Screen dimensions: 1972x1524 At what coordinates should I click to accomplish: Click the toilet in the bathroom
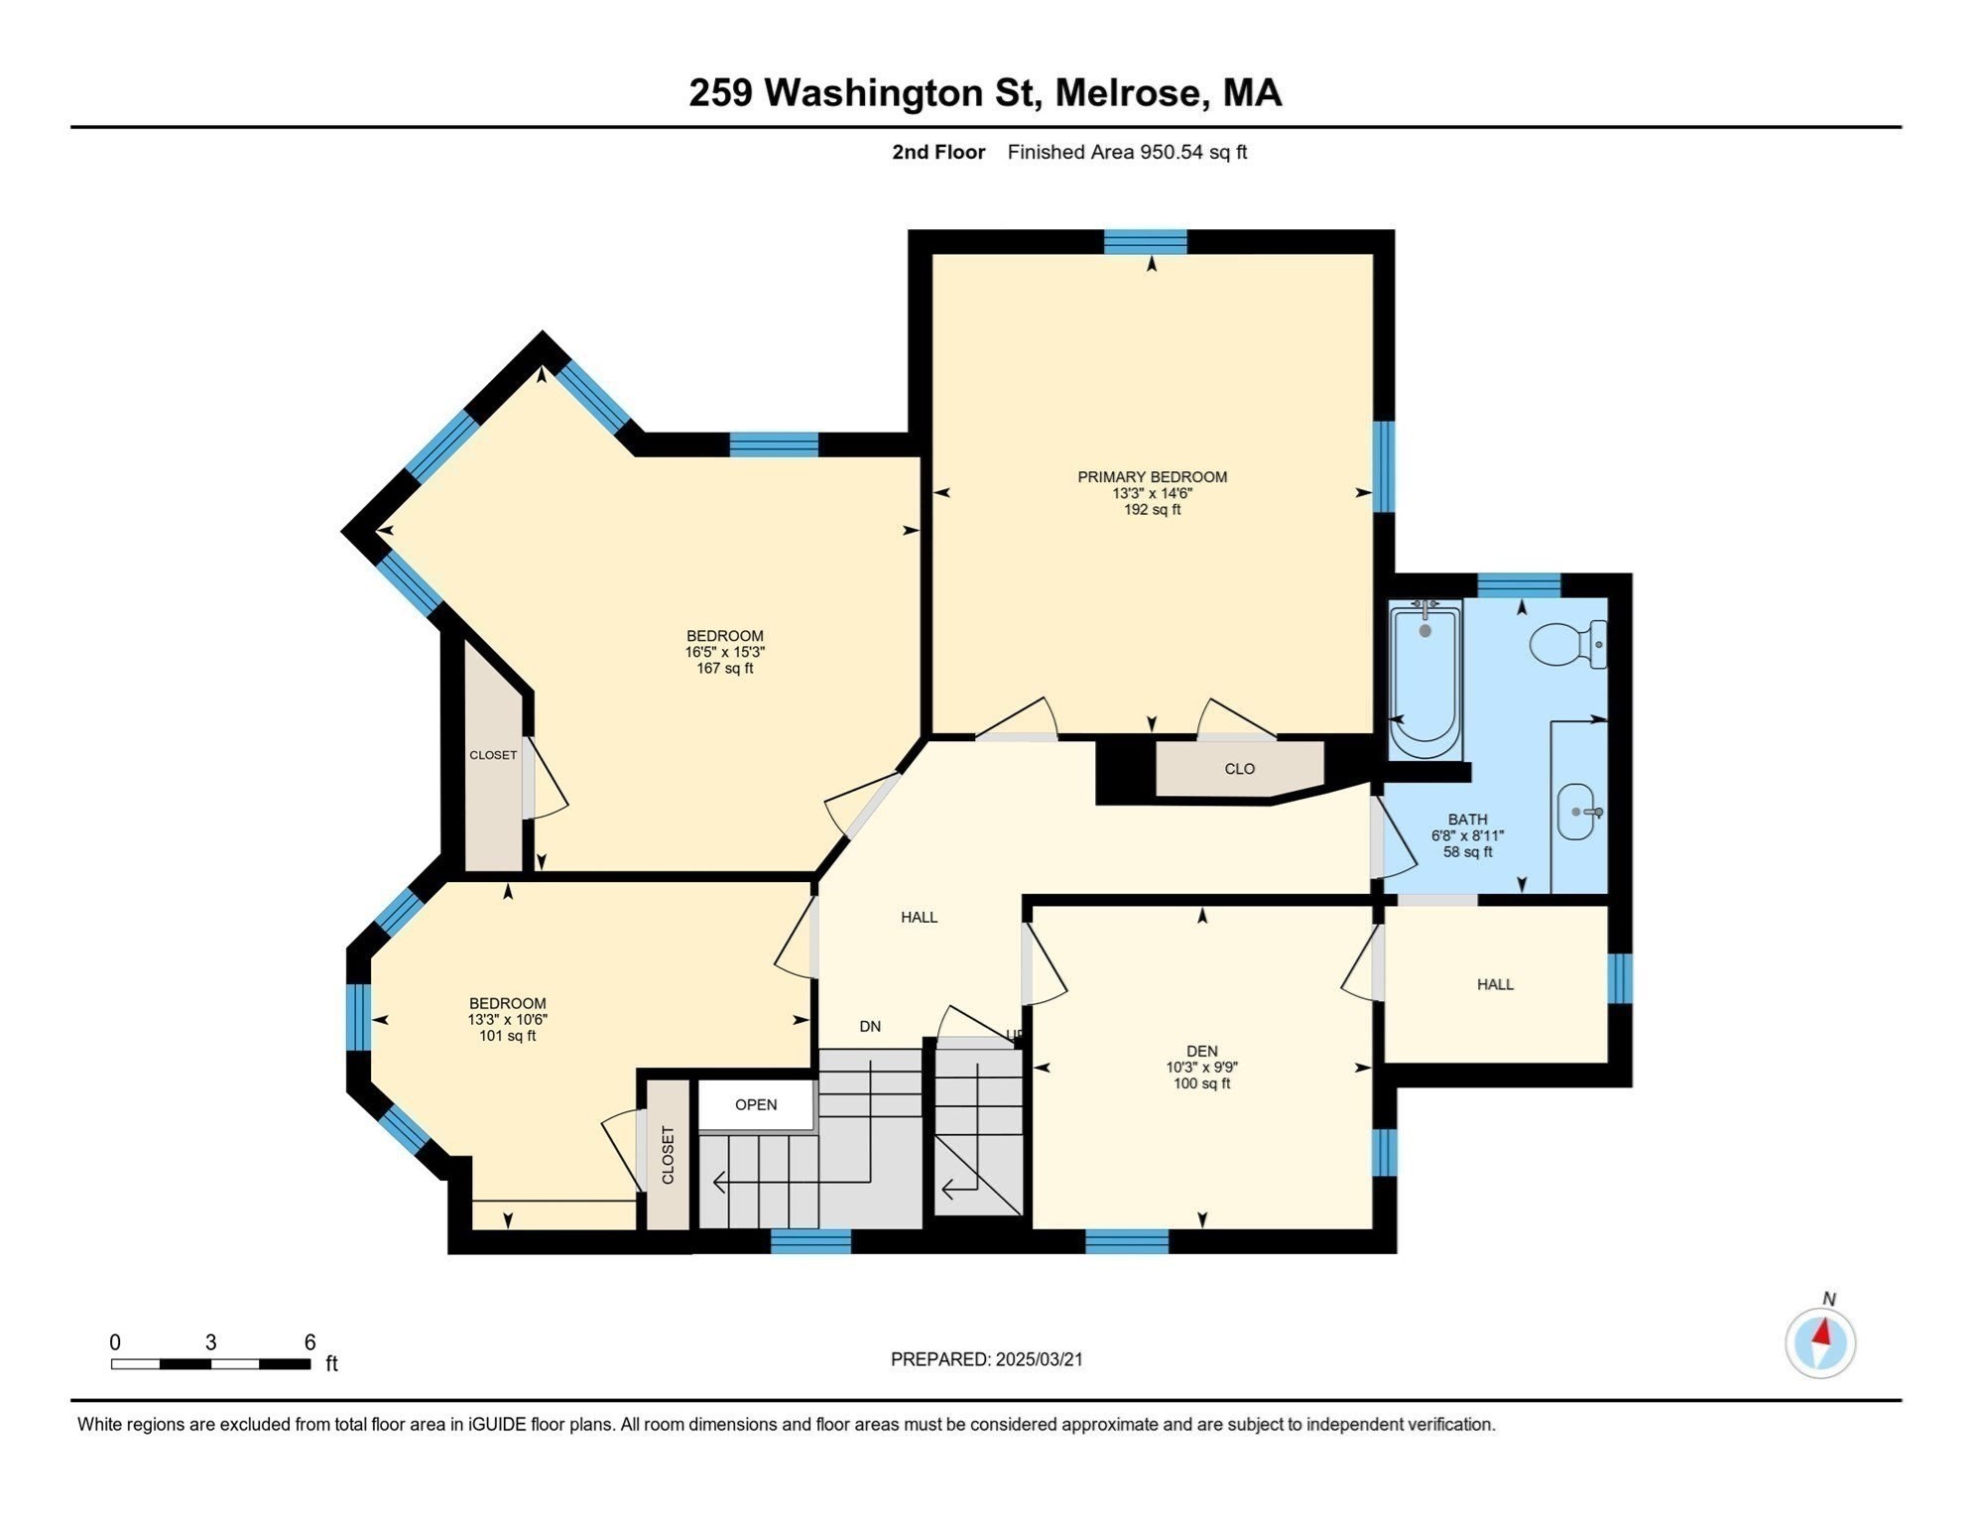1568,644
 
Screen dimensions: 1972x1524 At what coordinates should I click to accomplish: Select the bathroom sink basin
1577,812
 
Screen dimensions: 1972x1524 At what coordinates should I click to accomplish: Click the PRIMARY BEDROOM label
1153,477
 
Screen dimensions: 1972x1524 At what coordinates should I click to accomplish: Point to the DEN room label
1202,1051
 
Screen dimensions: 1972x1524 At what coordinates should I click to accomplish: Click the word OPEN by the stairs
756,1104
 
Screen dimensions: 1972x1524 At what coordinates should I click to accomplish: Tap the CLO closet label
1240,769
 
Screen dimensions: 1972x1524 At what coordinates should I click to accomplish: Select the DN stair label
870,1026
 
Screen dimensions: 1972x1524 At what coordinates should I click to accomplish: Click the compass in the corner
1820,1341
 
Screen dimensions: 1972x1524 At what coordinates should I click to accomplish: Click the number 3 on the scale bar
210,1342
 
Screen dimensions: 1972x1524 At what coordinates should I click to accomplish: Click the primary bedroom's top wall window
1146,241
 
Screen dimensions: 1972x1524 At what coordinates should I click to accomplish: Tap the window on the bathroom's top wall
1519,585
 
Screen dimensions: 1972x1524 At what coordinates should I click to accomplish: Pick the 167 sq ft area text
725,669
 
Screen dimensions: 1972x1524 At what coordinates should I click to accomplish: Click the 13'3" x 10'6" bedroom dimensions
508,1020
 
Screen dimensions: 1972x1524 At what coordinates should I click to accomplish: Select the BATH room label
1468,820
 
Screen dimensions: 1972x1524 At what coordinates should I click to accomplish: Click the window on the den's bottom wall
1127,1241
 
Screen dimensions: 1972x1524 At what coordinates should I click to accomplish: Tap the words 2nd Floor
938,152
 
